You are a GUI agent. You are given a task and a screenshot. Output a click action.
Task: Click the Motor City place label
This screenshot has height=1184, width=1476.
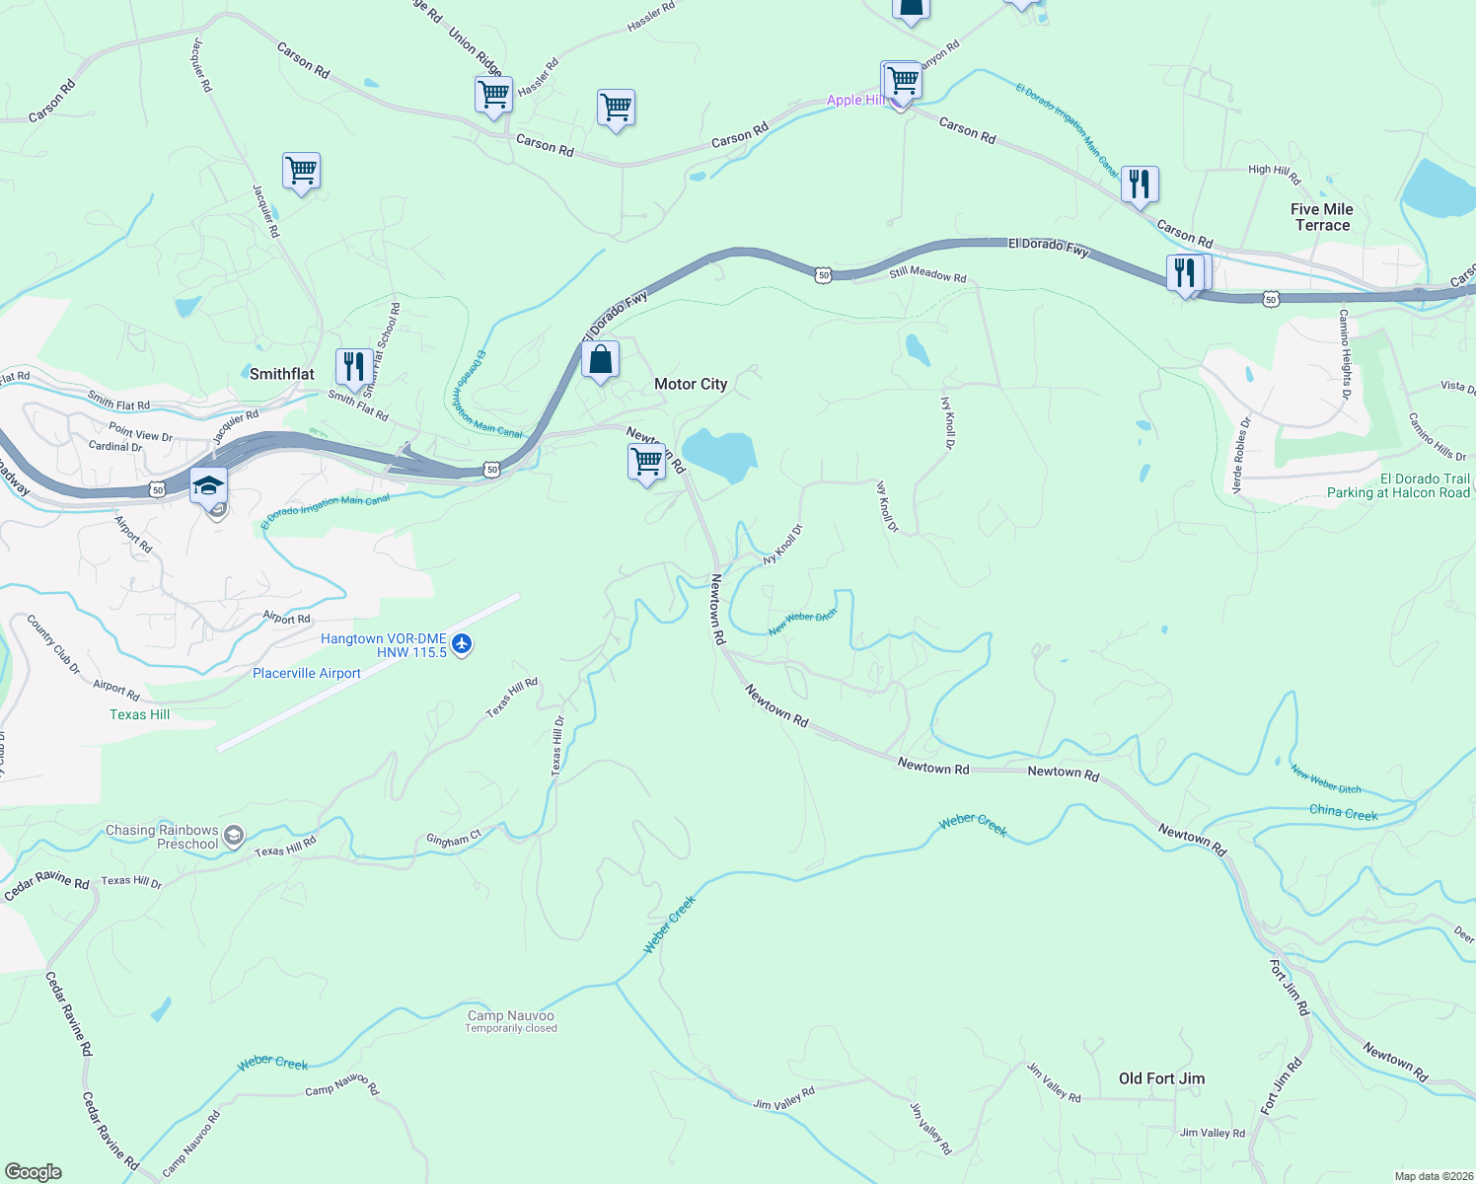point(691,384)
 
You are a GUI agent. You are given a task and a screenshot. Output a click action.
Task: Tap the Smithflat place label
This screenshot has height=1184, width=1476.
point(282,374)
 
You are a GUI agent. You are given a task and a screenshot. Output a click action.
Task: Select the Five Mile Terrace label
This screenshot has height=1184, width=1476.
point(1322,217)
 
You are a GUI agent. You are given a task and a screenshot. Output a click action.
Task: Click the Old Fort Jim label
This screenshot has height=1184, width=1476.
point(1161,1078)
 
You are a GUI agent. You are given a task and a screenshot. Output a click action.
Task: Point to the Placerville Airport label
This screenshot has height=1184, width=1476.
point(307,673)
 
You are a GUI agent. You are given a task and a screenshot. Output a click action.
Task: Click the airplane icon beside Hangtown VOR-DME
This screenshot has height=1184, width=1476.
point(462,645)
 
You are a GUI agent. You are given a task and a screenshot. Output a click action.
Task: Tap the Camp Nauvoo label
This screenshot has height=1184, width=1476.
point(511,1015)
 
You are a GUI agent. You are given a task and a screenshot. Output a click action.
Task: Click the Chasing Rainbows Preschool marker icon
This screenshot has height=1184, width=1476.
point(234,837)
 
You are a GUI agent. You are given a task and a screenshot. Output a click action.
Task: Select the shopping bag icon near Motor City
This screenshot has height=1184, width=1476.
point(600,361)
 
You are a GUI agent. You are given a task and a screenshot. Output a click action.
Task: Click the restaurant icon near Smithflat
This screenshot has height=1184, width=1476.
point(353,366)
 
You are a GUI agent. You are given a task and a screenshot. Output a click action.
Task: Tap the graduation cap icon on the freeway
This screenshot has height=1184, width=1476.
point(209,486)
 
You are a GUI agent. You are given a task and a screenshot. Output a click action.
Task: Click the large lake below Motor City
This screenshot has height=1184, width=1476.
point(720,455)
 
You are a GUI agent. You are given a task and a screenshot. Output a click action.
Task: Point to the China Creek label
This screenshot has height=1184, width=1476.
point(1343,812)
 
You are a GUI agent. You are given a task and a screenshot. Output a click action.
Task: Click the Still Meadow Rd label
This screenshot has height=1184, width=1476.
point(927,274)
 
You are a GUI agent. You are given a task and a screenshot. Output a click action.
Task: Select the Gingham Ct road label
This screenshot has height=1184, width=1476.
point(454,840)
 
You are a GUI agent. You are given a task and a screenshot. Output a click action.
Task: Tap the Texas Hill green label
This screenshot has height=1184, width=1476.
point(140,714)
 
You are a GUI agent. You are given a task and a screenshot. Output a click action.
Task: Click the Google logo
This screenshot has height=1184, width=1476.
point(33,1172)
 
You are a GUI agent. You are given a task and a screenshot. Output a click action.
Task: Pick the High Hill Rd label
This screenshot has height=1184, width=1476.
point(1275,173)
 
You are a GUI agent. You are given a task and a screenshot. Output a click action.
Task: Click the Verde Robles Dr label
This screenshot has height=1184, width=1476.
point(1241,455)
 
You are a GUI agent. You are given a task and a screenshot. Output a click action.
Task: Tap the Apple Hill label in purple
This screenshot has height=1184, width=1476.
point(855,100)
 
